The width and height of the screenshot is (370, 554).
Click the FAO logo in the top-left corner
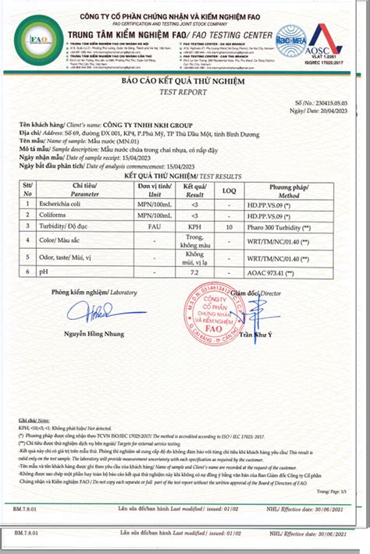click(38, 38)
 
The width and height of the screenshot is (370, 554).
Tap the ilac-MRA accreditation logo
click(289, 41)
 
